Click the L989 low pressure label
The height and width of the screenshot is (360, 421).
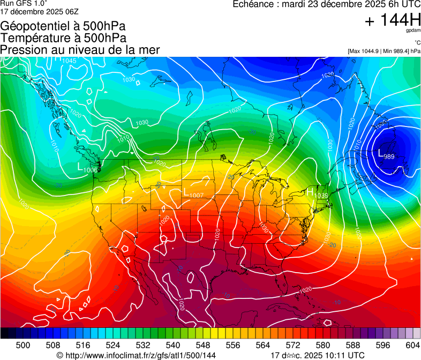point(386,154)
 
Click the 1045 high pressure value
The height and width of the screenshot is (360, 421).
point(69,61)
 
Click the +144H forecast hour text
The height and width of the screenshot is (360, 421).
point(392,20)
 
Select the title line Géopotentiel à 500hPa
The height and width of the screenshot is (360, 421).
point(63,26)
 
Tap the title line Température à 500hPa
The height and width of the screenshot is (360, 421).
point(63,38)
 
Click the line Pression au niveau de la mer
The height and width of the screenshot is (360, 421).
point(80,50)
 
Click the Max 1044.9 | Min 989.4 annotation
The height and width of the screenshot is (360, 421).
point(384,51)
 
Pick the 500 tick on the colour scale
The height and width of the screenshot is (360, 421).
point(24,344)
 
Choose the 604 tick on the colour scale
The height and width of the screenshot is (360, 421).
point(412,344)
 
